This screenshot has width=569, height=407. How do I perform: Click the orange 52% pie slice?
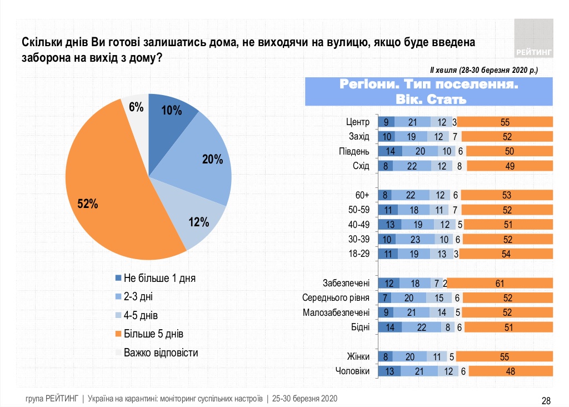click(x=106, y=183)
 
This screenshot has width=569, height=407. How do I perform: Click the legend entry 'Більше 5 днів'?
click(x=153, y=334)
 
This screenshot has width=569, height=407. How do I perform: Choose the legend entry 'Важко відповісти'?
click(x=160, y=353)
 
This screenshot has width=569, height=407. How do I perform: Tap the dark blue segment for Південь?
click(x=390, y=151)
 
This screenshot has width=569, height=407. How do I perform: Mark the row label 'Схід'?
click(x=361, y=166)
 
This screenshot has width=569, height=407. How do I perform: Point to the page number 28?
click(x=546, y=400)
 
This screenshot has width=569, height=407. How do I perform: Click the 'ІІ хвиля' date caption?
click(x=483, y=70)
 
